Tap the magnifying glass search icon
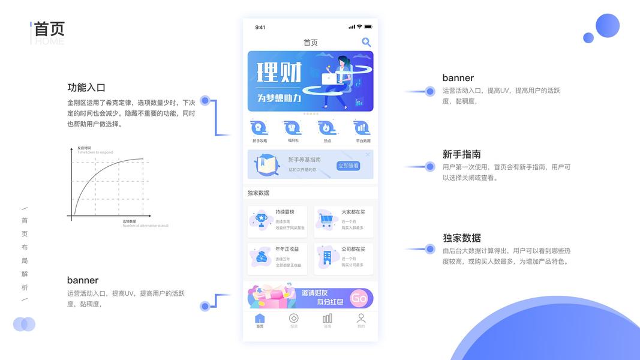click(x=366, y=42)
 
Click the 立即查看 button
click(x=348, y=166)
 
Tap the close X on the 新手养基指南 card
click(x=368, y=155)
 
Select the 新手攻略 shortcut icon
click(x=260, y=128)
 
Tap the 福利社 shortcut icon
click(x=293, y=128)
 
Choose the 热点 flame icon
click(x=327, y=128)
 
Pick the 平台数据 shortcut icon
click(x=362, y=128)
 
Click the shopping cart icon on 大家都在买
click(x=326, y=220)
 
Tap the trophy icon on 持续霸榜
click(x=261, y=220)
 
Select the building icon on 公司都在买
click(x=327, y=257)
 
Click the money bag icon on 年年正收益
click(x=262, y=257)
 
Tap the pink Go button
click(x=359, y=298)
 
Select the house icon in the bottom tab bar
click(x=260, y=319)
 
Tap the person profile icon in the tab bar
click(x=361, y=319)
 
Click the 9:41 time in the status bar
click(x=260, y=27)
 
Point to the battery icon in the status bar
click(x=368, y=27)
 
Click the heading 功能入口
click(x=86, y=88)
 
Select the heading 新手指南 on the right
click(x=461, y=154)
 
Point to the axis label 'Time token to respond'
click(x=95, y=152)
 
